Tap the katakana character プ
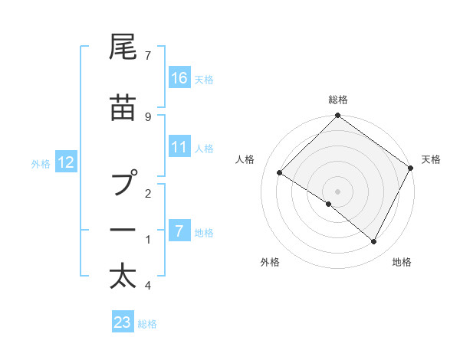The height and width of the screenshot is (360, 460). pyautogui.click(x=123, y=184)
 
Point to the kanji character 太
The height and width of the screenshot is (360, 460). pyautogui.click(x=123, y=276)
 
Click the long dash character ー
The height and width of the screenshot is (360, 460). pyautogui.click(x=123, y=230)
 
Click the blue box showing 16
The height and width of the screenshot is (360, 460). pyautogui.click(x=179, y=78)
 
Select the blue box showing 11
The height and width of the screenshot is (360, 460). pyautogui.click(x=179, y=147)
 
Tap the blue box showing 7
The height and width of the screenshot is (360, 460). pyautogui.click(x=179, y=231)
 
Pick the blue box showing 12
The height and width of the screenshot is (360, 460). pyautogui.click(x=67, y=162)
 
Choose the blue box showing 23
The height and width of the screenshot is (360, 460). pyautogui.click(x=123, y=322)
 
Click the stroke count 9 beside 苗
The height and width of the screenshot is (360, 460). pyautogui.click(x=148, y=116)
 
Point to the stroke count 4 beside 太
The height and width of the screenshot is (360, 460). pyautogui.click(x=148, y=286)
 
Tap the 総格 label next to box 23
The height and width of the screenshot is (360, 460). pyautogui.click(x=148, y=324)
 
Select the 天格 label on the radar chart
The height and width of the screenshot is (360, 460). pyautogui.click(x=431, y=159)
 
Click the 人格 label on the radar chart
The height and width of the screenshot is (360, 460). pyautogui.click(x=245, y=159)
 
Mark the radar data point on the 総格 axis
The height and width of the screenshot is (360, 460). pyautogui.click(x=337, y=116)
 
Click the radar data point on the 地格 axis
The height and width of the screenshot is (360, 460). pyautogui.click(x=374, y=242)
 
